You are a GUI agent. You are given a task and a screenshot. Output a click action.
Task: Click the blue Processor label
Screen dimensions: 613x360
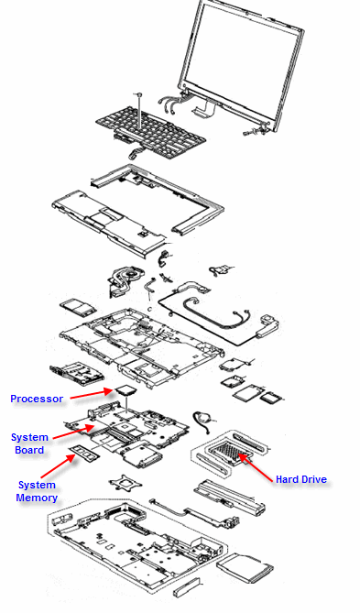pyautogui.click(x=37, y=399)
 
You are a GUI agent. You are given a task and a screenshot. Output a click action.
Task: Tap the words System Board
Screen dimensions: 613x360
pyautogui.click(x=29, y=443)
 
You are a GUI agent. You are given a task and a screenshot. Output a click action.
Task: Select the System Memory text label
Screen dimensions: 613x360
pyautogui.click(x=38, y=491)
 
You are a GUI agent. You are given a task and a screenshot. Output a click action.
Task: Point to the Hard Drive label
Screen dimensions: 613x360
pyautogui.click(x=300, y=479)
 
